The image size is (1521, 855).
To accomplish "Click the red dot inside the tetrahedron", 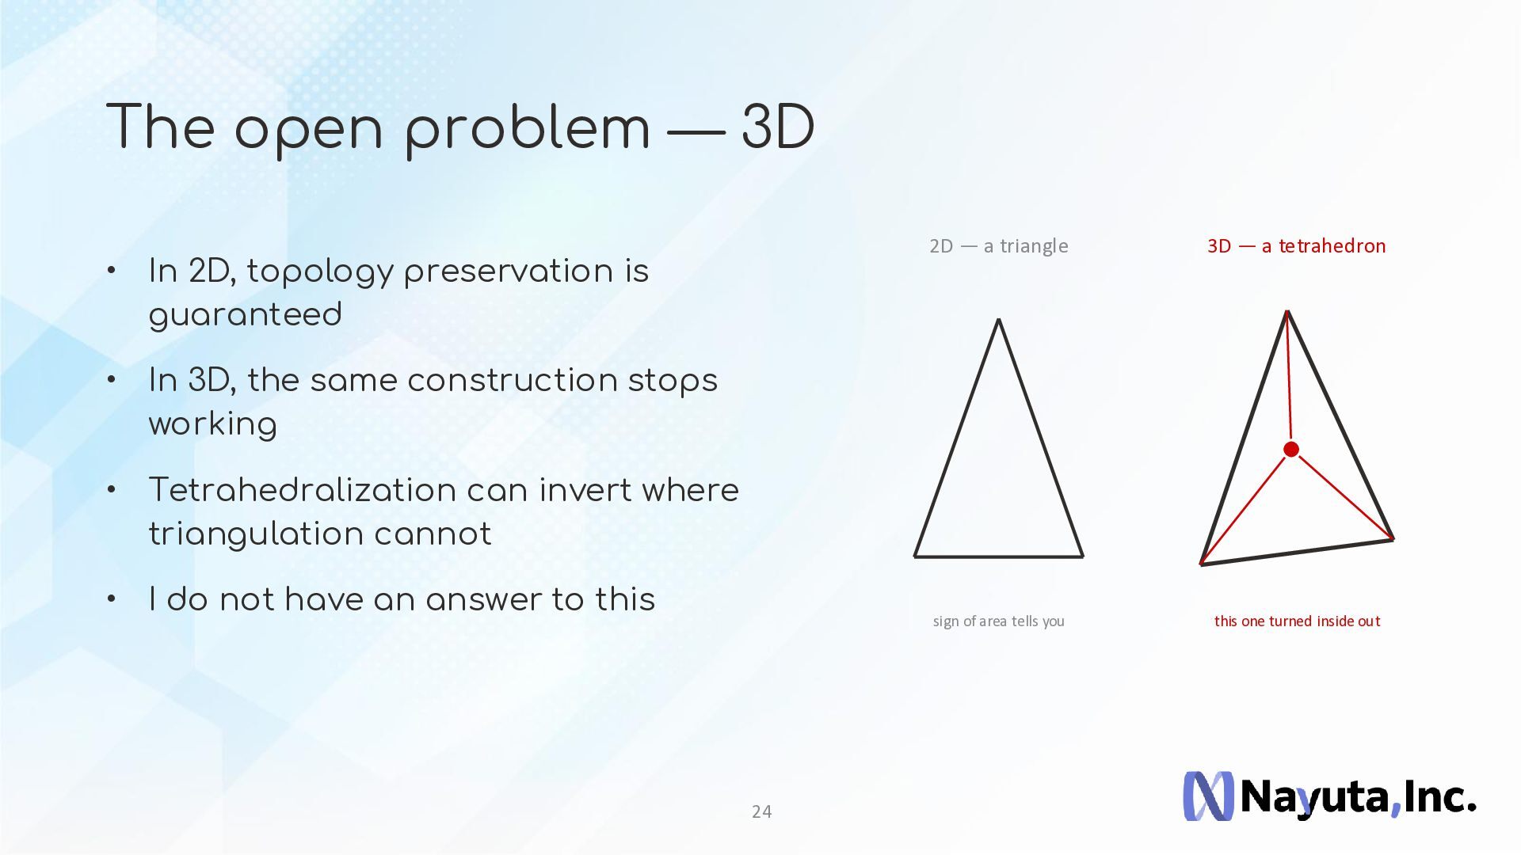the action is coord(1291,450).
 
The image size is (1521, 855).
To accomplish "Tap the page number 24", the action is coord(761,811).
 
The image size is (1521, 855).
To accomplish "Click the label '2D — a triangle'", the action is coord(999,246).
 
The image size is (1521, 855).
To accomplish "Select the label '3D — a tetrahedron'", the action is coord(1297,246).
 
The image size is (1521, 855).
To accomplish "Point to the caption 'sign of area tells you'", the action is coord(999,621).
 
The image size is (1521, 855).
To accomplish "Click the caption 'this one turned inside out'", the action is coord(1297,621).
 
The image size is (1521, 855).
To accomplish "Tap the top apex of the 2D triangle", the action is coord(999,319).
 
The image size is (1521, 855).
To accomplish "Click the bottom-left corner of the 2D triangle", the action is coord(915,557).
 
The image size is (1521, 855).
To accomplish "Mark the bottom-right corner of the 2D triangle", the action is coord(1083,557).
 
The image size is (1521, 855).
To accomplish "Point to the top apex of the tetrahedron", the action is coord(1287,311).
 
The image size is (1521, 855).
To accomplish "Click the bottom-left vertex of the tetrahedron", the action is coord(1202,564).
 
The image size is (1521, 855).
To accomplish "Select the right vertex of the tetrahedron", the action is coord(1393,539).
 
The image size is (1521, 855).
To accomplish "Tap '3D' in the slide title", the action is coord(778,127).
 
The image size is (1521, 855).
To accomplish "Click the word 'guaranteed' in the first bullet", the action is coord(246,316).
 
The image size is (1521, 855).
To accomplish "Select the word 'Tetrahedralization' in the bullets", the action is coord(302,490).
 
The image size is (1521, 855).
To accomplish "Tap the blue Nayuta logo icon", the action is coord(1208,796).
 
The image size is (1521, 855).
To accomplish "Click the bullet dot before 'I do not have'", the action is coord(112,598).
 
